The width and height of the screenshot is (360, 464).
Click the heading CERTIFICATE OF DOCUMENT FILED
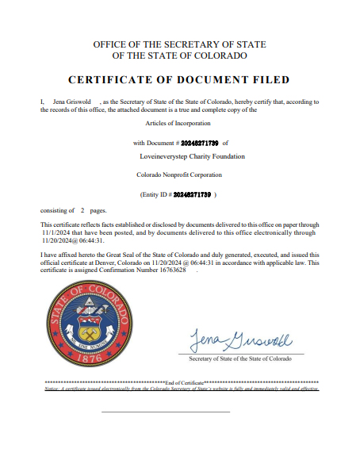coord(179,80)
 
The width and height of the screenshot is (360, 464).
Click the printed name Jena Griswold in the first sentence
coord(71,102)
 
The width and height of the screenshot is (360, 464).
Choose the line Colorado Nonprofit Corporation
coord(179,174)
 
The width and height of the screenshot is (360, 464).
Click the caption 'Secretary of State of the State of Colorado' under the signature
coord(245,359)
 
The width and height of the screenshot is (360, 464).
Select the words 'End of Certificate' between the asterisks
coord(185,383)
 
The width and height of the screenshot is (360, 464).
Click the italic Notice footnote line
coord(182,389)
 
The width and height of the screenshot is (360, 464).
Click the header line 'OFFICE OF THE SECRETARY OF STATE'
coord(179,44)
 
